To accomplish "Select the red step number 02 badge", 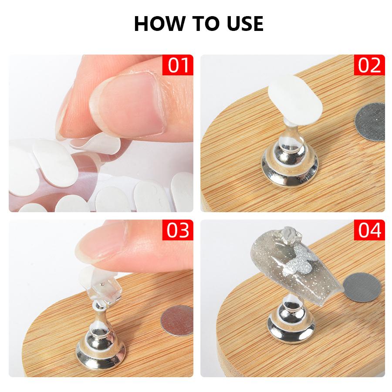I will (x=369, y=66).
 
